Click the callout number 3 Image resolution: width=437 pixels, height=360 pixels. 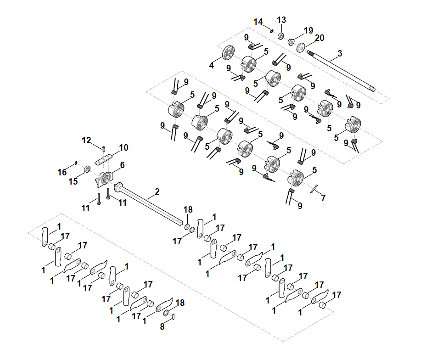tap(340, 54)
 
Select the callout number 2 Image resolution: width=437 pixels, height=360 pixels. tap(157, 191)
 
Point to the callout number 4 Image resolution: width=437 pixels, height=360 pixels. tap(212, 66)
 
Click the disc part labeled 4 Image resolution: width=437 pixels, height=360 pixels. tap(228, 54)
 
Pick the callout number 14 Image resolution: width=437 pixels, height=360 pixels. tap(258, 22)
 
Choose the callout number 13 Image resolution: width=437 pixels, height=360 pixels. tap(281, 20)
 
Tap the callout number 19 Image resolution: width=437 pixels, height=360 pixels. tap(308, 30)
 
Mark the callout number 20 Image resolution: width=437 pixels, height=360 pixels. tap(319, 38)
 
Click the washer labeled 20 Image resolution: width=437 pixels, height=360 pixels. tap(302, 47)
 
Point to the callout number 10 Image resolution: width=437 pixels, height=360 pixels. tap(124, 147)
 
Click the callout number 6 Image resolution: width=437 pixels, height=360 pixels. tap(122, 164)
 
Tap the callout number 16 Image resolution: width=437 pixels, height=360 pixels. tap(62, 172)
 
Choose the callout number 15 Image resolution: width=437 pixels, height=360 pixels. tap(73, 182)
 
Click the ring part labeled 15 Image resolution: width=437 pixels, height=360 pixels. tap(86, 171)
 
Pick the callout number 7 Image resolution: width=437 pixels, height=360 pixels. tap(323, 198)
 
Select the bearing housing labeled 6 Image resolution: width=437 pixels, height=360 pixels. tap(106, 177)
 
